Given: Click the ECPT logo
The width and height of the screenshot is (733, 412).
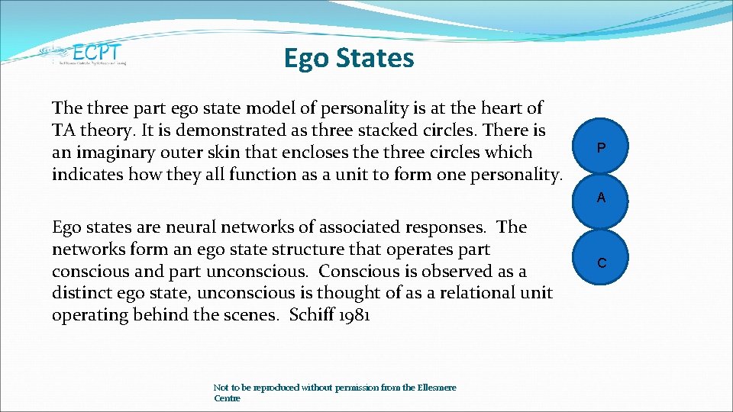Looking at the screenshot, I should point(84,53).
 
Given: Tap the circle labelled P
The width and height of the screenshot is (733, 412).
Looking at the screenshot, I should point(601,147).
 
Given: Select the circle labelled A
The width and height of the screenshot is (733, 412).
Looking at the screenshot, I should point(601,198).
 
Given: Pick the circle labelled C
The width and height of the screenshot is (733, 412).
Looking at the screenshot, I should point(601,263).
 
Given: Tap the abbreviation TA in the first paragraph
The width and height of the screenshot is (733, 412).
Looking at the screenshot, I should point(63,130).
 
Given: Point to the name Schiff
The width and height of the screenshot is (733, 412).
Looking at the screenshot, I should point(309,316).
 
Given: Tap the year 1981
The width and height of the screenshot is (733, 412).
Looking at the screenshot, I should point(352,316).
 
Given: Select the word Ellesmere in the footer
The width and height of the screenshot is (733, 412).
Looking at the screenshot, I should point(437,388).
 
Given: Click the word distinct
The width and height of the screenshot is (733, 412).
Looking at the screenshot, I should point(82,294).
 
